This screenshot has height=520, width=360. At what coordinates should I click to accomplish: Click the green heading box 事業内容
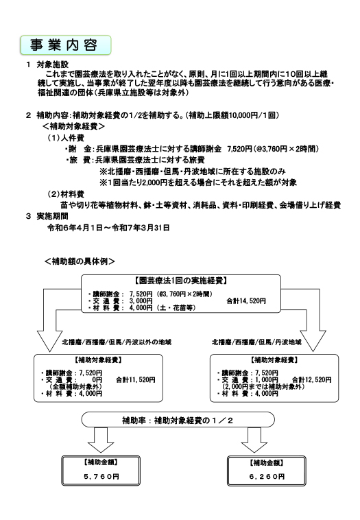tap(66, 45)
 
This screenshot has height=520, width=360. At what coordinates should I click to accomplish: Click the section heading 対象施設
tap(52, 64)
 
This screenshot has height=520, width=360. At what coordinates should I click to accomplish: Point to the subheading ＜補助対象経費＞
tap(73, 126)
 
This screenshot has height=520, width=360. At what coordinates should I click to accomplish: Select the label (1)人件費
tap(66, 138)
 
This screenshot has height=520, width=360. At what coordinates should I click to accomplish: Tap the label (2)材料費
tap(66, 194)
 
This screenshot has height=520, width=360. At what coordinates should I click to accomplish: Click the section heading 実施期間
tap(52, 216)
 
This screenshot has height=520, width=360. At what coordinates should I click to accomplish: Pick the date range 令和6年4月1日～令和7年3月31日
tap(108, 228)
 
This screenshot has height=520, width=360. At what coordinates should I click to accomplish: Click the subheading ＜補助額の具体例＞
tap(80, 261)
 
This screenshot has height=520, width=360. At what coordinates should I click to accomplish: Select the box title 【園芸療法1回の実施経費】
tap(181, 281)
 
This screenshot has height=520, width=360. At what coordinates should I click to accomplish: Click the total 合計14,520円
tap(246, 300)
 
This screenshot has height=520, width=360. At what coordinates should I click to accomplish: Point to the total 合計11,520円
tap(136, 380)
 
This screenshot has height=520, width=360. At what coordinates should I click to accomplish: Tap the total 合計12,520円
tap(311, 380)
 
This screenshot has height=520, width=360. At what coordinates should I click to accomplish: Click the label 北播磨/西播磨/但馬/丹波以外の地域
tap(117, 342)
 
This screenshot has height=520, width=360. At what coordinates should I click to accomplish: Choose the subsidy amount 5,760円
tap(101, 477)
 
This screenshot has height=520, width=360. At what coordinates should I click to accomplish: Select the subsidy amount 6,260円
tap(267, 477)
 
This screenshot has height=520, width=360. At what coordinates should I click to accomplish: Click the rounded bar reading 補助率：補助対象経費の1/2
tap(178, 420)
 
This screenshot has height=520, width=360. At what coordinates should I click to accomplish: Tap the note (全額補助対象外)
tap(75, 387)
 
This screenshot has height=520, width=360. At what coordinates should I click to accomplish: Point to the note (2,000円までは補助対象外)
tap(263, 387)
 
